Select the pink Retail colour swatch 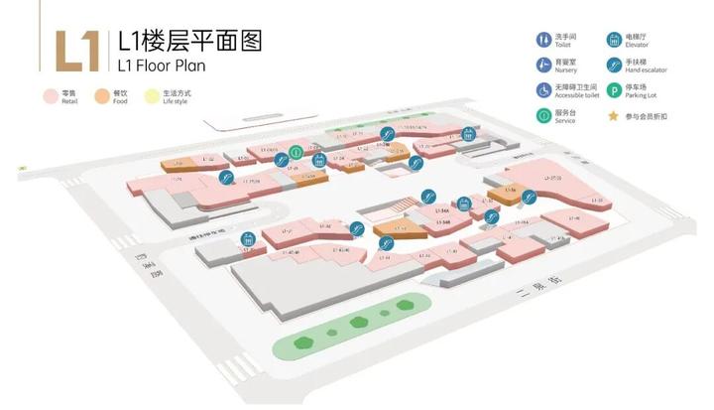coord(48,96)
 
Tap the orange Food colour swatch coord(102,96)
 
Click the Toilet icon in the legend coord(543,41)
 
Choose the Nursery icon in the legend coord(543,66)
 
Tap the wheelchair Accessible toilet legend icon coord(543,90)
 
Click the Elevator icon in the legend coord(615,41)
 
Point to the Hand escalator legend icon coord(615,66)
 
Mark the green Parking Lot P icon coord(615,90)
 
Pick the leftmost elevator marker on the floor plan coord(247,237)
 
